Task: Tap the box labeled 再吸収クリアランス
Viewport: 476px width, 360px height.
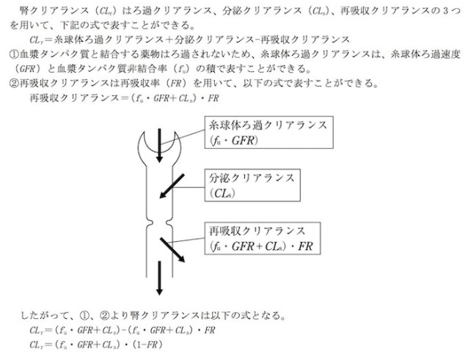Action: tap(263, 239)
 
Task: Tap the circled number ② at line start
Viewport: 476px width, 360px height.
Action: tap(14, 84)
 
